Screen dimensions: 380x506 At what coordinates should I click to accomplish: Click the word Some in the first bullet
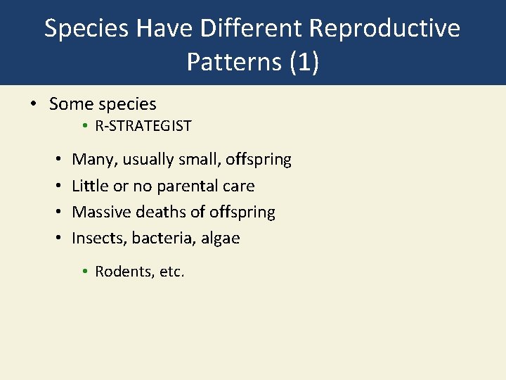coord(71,104)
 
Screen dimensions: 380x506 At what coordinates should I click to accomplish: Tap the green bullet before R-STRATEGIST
coord(83,127)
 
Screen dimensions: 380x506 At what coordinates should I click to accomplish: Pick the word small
coord(200,160)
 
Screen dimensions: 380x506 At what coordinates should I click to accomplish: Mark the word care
coord(238,186)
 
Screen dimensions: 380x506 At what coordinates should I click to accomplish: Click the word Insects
coord(97,238)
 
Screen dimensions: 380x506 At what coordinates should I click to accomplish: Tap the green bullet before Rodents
coord(84,272)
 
